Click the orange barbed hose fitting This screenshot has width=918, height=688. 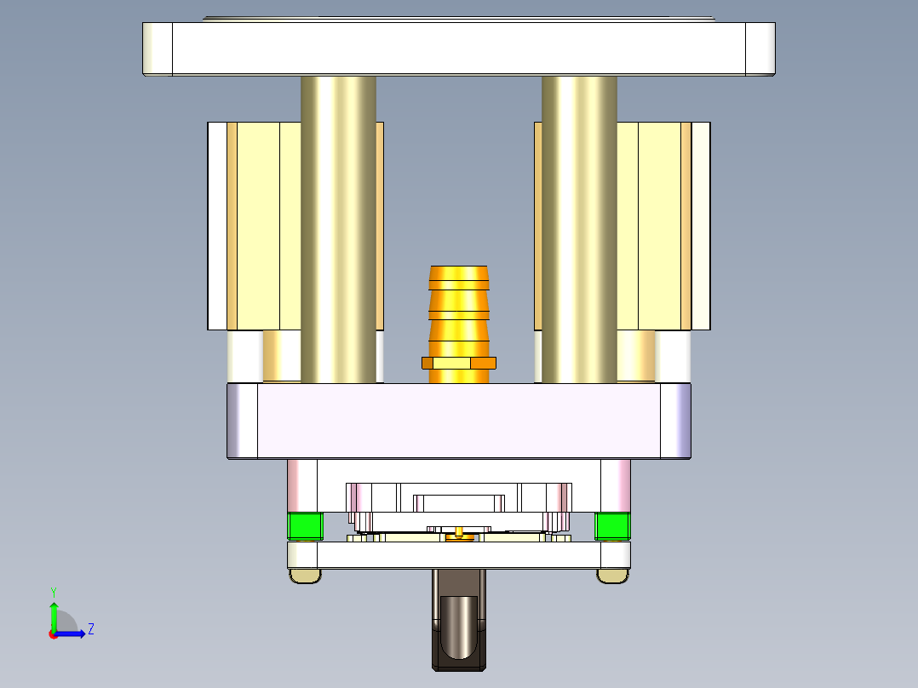pyautogui.click(x=459, y=311)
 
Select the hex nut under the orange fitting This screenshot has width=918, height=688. pyautogui.click(x=459, y=364)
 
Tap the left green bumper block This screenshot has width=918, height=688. pyautogui.click(x=305, y=526)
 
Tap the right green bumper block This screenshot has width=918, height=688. pyautogui.click(x=612, y=526)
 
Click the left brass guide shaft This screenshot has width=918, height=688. pyautogui.click(x=338, y=230)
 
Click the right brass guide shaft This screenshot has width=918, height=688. pyautogui.click(x=579, y=230)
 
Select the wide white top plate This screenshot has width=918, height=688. pyautogui.click(x=459, y=49)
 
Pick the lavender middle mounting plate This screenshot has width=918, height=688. pyautogui.click(x=459, y=421)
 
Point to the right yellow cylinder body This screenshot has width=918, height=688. pyautogui.click(x=660, y=226)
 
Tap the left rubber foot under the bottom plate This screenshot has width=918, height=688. pyautogui.click(x=306, y=576)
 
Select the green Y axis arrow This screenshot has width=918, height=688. pyautogui.click(x=54, y=615)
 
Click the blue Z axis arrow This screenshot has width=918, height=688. pyautogui.click(x=72, y=633)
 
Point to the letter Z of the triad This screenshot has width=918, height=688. pyautogui.click(x=90, y=629)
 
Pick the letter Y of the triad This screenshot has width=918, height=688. pyautogui.click(x=54, y=591)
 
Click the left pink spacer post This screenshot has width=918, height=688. pyautogui.click(x=302, y=485)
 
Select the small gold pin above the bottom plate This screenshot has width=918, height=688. pyautogui.click(x=460, y=534)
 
